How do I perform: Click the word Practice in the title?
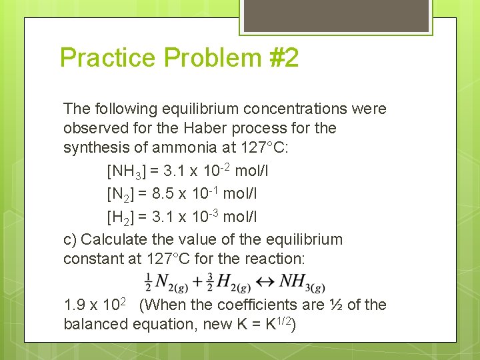107,58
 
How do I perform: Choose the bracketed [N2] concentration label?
121,194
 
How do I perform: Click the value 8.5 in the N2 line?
163,194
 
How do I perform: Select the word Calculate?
117,239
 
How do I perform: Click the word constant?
90,258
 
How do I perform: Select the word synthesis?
91,147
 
